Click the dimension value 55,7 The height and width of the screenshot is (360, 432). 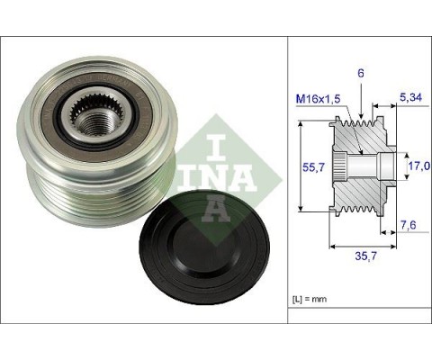coord(310,167)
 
